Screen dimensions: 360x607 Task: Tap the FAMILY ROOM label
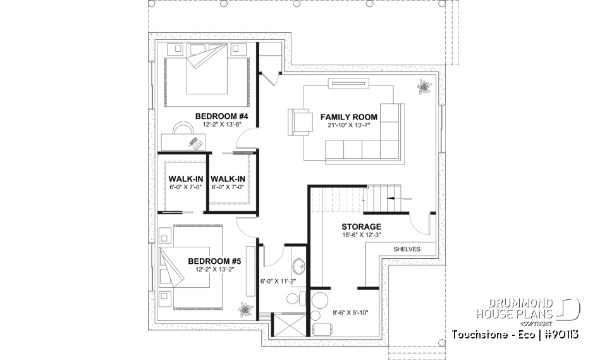tap(348, 117)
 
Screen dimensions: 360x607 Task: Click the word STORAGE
tap(361, 227)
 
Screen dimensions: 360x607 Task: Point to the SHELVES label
tap(407, 249)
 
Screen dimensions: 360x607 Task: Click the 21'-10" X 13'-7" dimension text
tap(348, 126)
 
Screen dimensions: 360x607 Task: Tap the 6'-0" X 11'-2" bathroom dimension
tap(278, 281)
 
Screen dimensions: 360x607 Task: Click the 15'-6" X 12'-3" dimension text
tap(361, 236)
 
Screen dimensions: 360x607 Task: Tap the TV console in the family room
tap(348, 82)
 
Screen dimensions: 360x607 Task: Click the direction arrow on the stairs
tap(397, 199)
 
